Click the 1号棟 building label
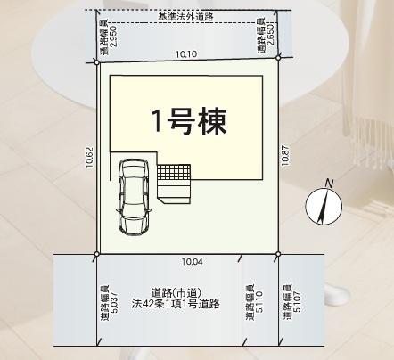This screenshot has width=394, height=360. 189,121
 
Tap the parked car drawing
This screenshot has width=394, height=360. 134,197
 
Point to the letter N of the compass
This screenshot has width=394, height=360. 329,184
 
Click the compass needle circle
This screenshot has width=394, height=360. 324,206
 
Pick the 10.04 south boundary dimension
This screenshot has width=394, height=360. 193,262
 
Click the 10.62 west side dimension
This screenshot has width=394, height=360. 90,158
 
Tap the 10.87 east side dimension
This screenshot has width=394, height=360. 285,155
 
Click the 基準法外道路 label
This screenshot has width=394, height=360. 185,17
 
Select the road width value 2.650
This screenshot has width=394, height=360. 271,35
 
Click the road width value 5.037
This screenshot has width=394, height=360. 113,303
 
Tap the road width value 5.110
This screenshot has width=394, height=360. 259,302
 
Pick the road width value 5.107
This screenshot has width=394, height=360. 296,302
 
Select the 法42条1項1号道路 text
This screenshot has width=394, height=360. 176,304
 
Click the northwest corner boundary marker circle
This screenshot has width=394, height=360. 96,62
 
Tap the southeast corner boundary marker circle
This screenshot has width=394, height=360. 278,254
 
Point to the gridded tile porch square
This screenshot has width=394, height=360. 174,171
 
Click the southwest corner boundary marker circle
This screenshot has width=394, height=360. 96,254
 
